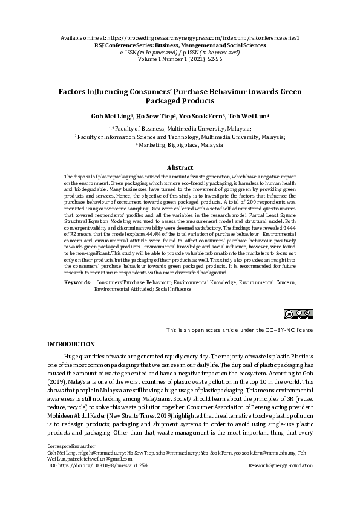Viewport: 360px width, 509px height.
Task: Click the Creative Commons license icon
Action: tap(290, 313)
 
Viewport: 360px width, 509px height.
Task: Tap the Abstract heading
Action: tap(180, 167)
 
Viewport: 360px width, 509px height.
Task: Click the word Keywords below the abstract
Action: tap(77, 282)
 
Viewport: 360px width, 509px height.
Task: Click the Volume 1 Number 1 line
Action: tap(180, 59)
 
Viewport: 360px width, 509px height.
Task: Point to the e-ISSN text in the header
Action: tap(148, 52)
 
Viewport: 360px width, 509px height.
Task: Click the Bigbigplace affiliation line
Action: tap(180, 145)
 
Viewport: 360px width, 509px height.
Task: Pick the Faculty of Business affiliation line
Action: tap(180, 129)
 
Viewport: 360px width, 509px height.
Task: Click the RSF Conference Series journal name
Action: tap(180, 45)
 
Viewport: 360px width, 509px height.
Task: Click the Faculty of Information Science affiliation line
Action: tap(180, 137)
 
